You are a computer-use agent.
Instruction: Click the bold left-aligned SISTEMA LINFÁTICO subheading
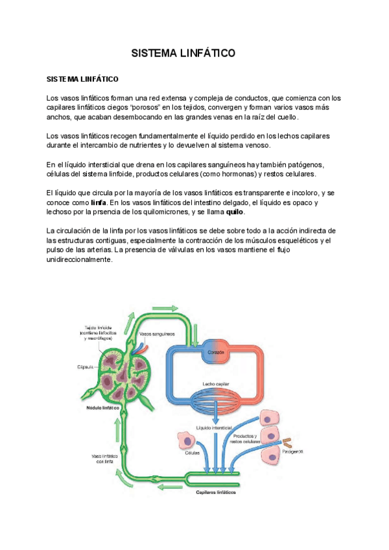click(82, 80)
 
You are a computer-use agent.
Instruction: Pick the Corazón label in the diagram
click(216, 353)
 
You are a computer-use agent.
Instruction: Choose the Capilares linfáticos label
click(216, 492)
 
